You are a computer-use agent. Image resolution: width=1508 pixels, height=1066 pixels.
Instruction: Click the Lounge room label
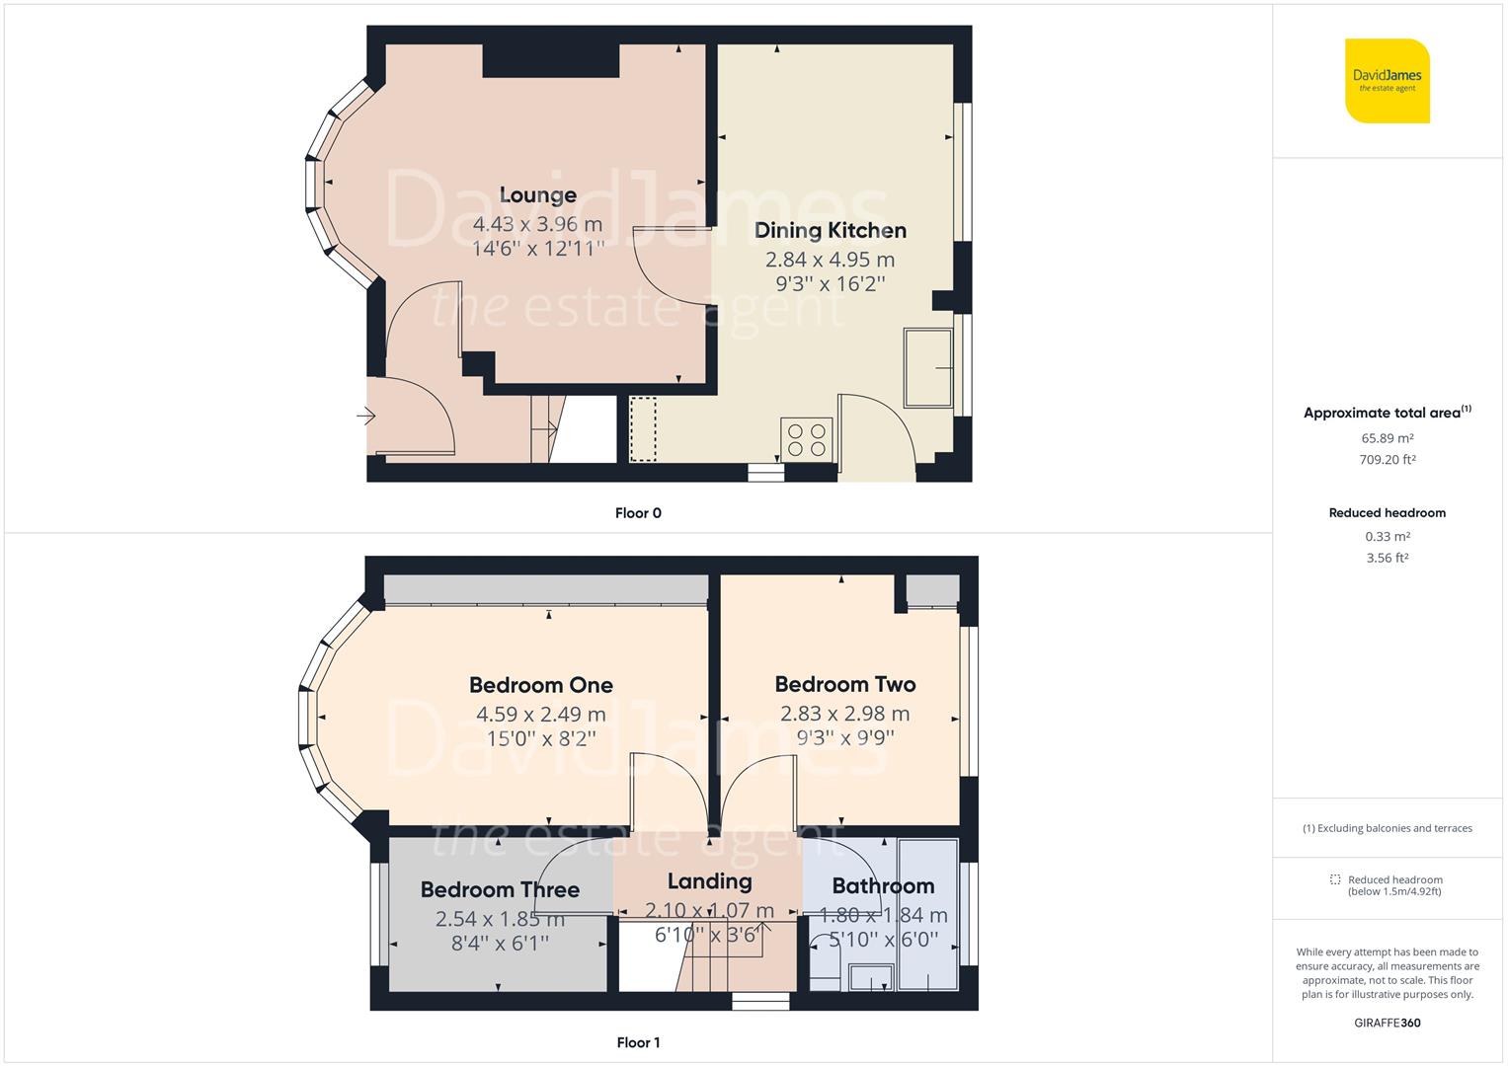pos(537,195)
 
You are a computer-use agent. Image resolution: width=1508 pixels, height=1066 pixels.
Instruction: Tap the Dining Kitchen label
pos(830,230)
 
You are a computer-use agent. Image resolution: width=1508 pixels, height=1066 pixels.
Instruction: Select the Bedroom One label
pos(540,685)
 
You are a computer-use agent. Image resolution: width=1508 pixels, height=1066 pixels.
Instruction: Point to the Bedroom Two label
pos(844,684)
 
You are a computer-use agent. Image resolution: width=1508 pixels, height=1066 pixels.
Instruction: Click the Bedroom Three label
pos(500,889)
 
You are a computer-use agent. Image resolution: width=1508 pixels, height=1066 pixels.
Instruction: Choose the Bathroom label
pos(882,885)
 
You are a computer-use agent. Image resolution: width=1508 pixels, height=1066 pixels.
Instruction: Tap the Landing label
pos(709,881)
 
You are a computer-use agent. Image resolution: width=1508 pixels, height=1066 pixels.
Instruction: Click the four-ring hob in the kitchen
pos(807,439)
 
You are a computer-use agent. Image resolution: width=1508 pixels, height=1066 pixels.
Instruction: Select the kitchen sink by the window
pos(928,368)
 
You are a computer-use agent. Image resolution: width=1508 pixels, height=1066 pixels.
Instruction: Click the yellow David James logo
pos(1387,81)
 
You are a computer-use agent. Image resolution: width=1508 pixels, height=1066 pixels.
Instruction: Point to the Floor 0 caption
pos(638,513)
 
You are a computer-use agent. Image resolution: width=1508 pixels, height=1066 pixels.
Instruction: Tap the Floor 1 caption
pos(638,1042)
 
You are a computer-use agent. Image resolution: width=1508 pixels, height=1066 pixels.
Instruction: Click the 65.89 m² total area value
pos(1387,438)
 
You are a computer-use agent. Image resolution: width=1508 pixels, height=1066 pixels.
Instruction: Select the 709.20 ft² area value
pos(1387,459)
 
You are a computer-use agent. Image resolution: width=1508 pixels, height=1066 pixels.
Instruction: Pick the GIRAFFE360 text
pos(1387,1023)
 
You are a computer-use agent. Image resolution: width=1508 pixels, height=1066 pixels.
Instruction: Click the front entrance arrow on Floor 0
pos(365,418)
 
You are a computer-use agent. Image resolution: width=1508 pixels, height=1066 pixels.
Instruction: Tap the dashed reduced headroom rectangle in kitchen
pos(643,429)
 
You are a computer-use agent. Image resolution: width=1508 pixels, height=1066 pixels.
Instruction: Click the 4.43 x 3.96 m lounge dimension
pos(537,224)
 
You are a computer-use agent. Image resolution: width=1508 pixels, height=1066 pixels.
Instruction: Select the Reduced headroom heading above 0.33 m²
pos(1387,513)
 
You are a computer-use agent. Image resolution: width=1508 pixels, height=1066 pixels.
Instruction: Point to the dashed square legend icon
pos(1335,879)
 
